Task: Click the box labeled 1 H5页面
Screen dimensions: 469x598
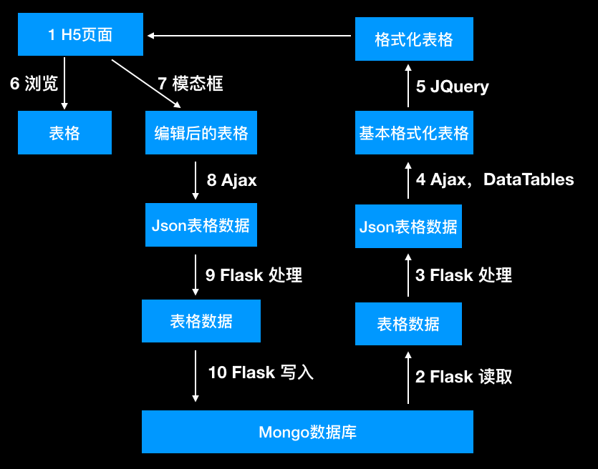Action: click(80, 34)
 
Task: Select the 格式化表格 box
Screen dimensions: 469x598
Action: click(414, 39)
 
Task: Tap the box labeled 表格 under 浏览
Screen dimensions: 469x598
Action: click(64, 132)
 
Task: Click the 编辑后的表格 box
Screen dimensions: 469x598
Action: click(201, 132)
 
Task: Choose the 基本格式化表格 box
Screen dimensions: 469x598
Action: click(414, 132)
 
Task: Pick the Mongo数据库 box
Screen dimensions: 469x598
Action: click(307, 431)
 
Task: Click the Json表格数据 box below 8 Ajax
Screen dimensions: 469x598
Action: click(201, 225)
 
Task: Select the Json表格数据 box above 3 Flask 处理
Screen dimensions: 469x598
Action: click(408, 227)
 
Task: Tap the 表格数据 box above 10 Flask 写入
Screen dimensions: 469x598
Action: click(201, 321)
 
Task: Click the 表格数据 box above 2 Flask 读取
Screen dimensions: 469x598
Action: click(408, 324)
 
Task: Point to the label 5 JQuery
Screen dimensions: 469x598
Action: click(452, 87)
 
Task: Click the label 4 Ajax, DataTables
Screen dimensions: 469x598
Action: click(494, 179)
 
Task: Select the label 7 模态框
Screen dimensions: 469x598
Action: click(190, 84)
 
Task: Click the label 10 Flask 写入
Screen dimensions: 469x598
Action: click(261, 372)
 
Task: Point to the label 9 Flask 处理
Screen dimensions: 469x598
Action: click(254, 275)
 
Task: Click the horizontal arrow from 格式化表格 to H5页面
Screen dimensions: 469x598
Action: click(251, 34)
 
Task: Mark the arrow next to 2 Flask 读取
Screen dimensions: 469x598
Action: click(408, 377)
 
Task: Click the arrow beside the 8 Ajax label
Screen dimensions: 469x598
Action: click(196, 181)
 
